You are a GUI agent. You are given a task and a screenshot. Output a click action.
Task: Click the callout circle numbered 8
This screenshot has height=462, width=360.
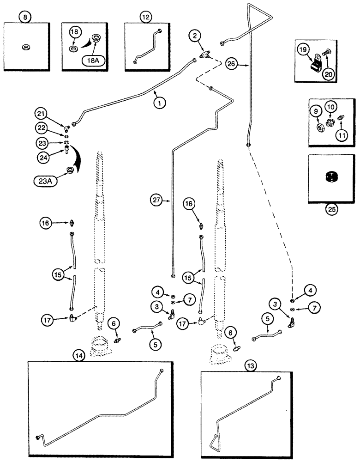click(x=25, y=18)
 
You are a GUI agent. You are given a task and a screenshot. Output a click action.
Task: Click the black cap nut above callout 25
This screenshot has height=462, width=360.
click(x=331, y=177)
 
